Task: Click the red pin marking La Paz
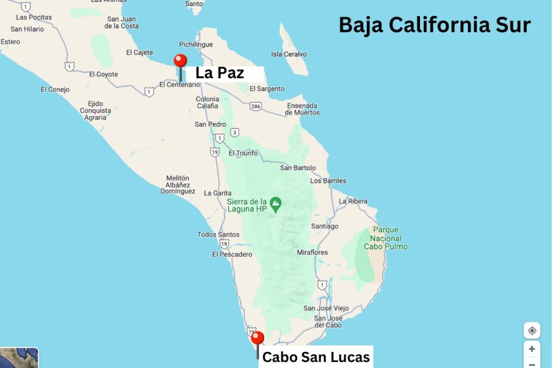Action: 180,61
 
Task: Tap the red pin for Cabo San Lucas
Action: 258,338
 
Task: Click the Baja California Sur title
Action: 434,25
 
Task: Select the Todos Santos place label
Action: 218,234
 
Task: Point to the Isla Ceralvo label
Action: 289,54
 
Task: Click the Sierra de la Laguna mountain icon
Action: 276,203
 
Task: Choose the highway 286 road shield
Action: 256,107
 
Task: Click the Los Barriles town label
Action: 328,180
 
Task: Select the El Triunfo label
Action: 243,154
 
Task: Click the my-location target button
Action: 532,330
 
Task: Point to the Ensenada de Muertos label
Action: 302,109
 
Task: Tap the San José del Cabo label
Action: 328,322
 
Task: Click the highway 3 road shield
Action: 234,133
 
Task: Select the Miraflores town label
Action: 312,252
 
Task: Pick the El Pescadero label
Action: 232,254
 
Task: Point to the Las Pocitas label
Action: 34,17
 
